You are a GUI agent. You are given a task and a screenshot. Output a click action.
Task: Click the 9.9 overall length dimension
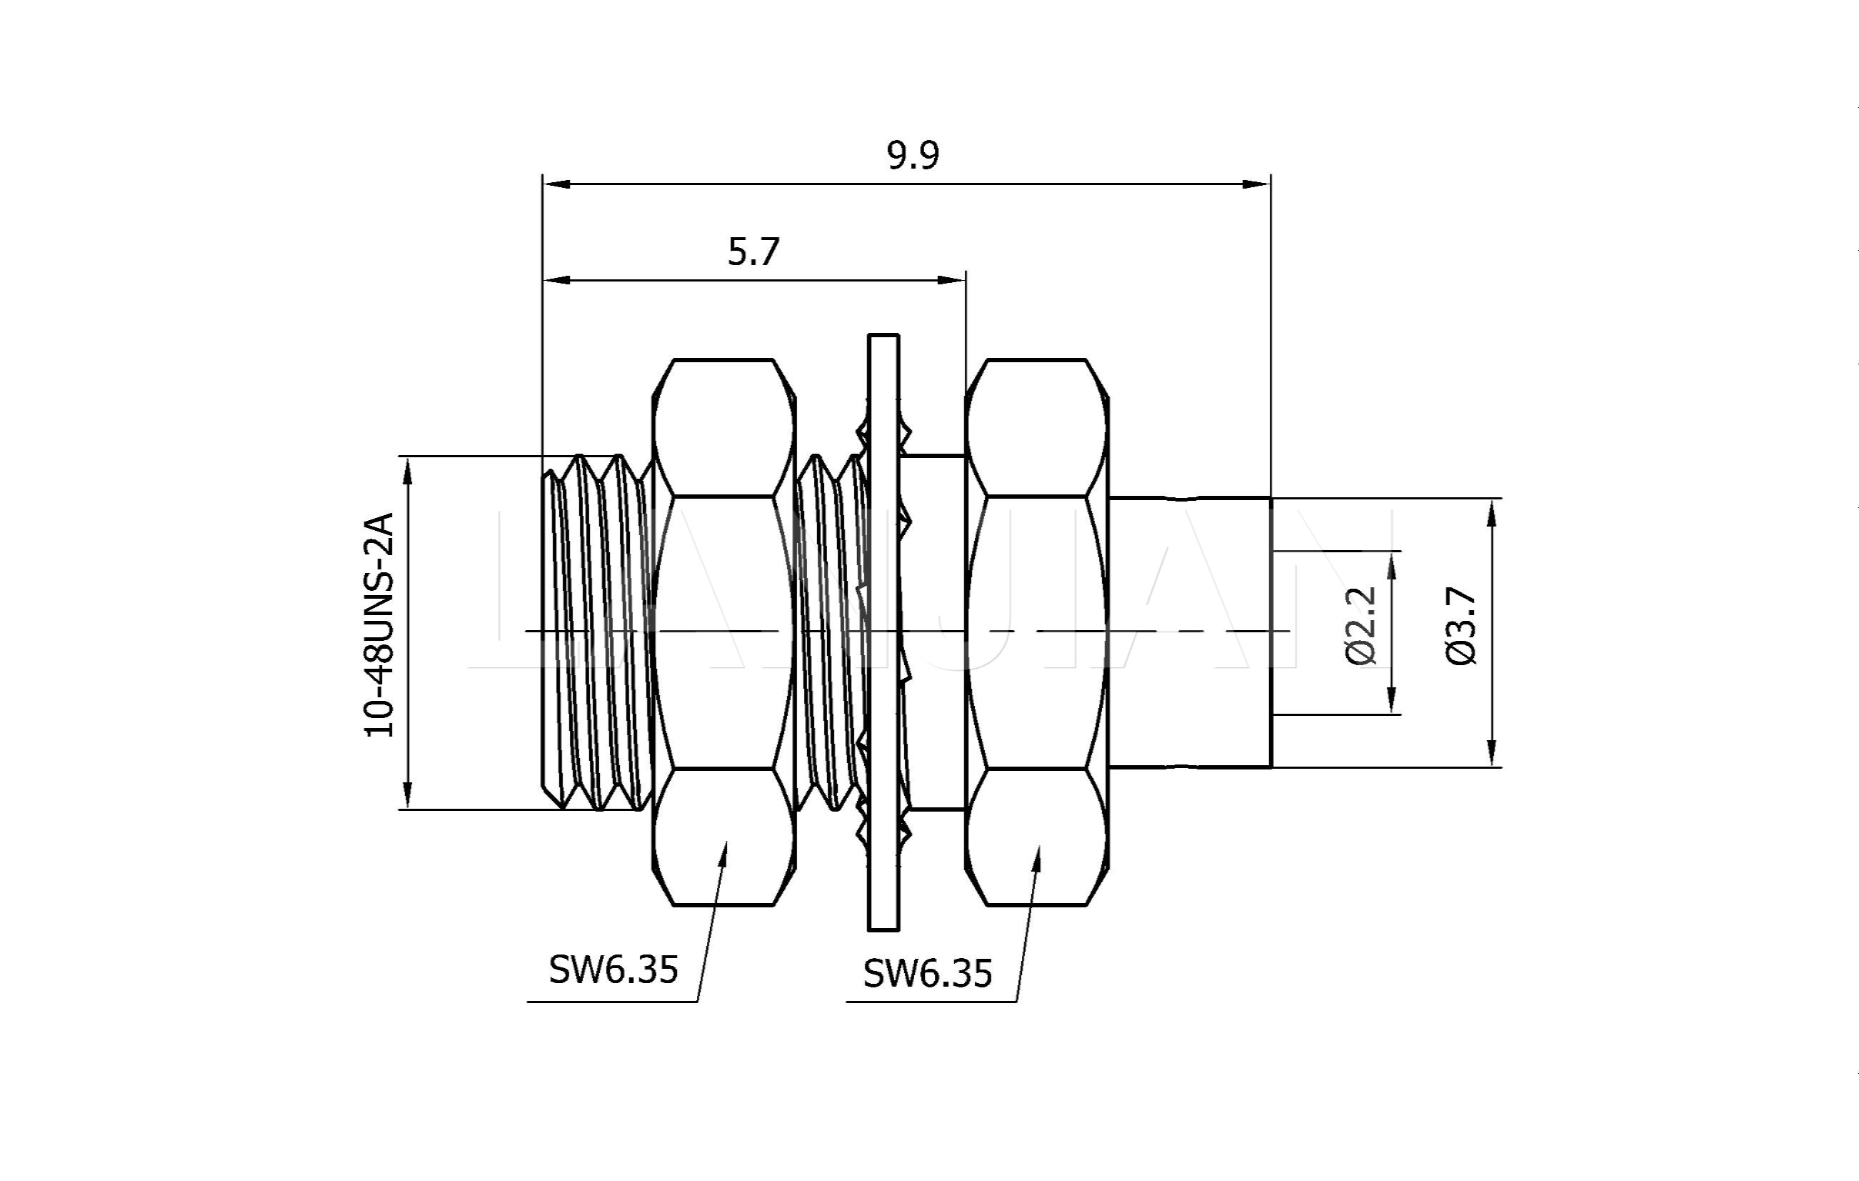coord(913,155)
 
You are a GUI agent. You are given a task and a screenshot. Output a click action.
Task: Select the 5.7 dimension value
coord(753,251)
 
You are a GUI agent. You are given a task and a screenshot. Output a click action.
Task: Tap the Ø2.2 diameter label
coord(1361,625)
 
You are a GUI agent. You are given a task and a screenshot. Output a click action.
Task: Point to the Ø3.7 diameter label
coord(1460,626)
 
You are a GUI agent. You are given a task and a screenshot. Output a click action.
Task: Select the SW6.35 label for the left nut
coord(613,970)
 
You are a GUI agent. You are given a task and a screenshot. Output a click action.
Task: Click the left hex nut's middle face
coord(723,632)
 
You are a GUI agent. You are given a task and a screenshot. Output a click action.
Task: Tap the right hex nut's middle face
coord(1037,632)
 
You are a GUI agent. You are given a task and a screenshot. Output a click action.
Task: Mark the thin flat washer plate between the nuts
coord(883,632)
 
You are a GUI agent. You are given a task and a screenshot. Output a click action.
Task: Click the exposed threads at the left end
coord(594,632)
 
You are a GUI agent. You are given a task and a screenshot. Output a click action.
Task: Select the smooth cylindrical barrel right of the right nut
coord(1189,632)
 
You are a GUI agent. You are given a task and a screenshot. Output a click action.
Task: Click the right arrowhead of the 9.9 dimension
coord(1260,184)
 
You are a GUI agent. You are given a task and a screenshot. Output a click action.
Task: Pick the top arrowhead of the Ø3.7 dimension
coord(1491,511)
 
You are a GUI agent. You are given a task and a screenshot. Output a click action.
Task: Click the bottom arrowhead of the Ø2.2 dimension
coord(1392,703)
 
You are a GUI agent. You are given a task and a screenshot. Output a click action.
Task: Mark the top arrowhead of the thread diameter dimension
coord(408,468)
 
